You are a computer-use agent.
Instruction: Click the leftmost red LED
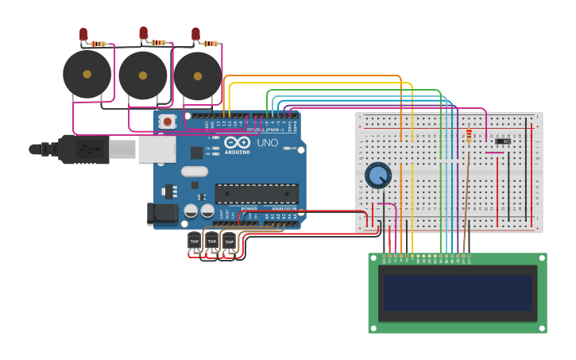coord(83,33)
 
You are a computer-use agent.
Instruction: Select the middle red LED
coord(144,32)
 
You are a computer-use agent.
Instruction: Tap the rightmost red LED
coord(195,33)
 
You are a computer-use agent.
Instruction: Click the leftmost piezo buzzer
coord(87,75)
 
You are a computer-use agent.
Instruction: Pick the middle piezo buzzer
coord(143,75)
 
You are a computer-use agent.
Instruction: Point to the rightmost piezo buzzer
coord(198,75)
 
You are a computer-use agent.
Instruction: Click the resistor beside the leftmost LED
coord(99,45)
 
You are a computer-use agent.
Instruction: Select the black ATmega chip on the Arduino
coord(257,194)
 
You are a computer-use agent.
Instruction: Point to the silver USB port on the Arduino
coord(157,149)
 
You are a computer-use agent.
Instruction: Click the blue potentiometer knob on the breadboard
coord(378,175)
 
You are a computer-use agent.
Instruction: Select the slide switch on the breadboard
coord(503,141)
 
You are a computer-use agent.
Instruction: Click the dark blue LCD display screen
coord(457,293)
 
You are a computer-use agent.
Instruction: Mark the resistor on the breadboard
coord(469,136)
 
